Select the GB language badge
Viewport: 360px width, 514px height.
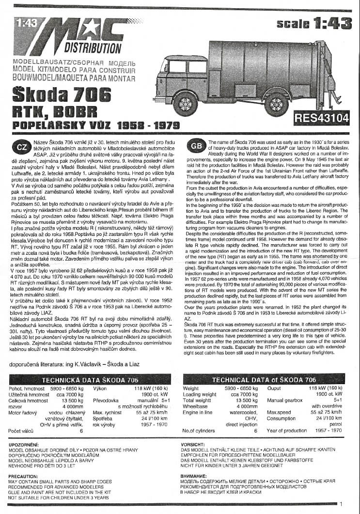(196, 147)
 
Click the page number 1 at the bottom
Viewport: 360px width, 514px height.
(341, 504)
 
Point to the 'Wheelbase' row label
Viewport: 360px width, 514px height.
(196, 407)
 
